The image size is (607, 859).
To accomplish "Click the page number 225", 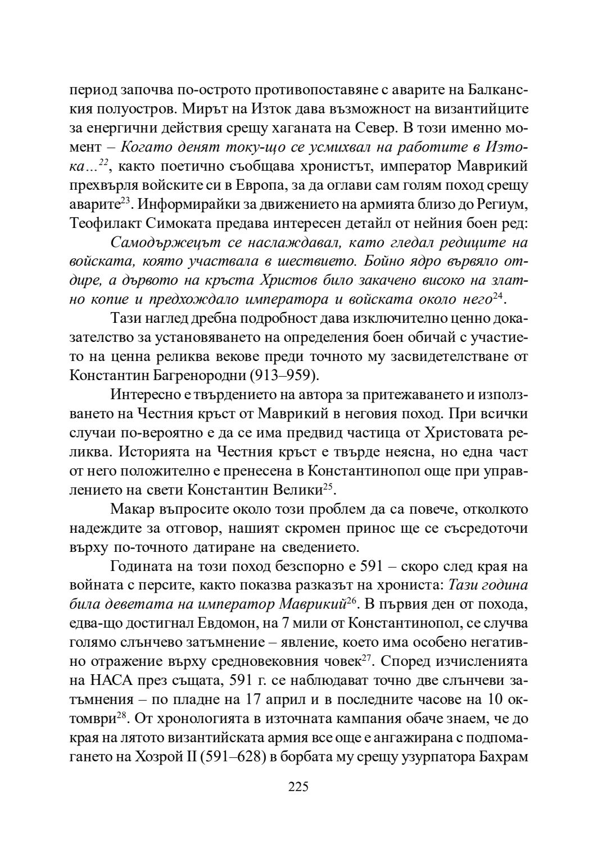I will coord(298,787).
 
